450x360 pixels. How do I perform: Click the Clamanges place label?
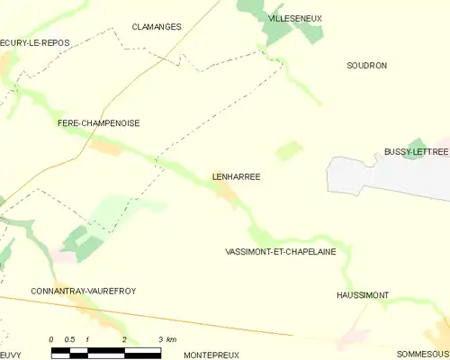pyautogui.click(x=157, y=27)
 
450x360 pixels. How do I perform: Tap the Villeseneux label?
pyautogui.click(x=295, y=18)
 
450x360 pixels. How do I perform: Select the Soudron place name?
pyautogui.click(x=367, y=66)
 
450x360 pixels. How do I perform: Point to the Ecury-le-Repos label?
pyautogui.click(x=35, y=42)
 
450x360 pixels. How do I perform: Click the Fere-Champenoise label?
pyautogui.click(x=98, y=123)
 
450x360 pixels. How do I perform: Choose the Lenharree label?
pyautogui.click(x=237, y=177)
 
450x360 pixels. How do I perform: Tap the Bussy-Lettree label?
pyautogui.click(x=416, y=153)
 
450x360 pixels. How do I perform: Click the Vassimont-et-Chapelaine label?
pyautogui.click(x=280, y=252)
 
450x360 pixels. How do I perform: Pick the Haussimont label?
pyautogui.click(x=363, y=295)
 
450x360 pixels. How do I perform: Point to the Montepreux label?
pyautogui.click(x=211, y=355)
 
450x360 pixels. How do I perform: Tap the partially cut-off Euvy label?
pyautogui.click(x=10, y=355)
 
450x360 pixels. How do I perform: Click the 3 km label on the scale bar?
pyautogui.click(x=166, y=339)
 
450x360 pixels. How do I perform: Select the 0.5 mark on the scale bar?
pyautogui.click(x=69, y=339)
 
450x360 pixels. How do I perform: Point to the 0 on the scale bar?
pyautogui.click(x=52, y=339)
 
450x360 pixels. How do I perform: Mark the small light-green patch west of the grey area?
pyautogui.click(x=289, y=150)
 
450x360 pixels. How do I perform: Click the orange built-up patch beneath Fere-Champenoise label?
pyautogui.click(x=106, y=147)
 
